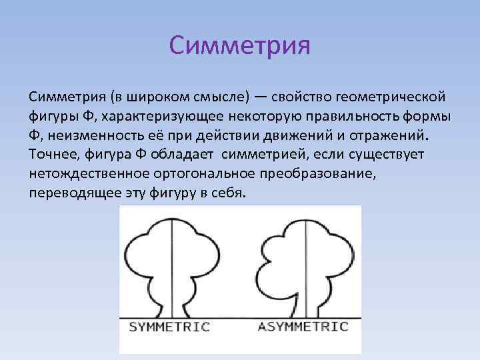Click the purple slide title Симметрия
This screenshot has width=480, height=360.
[240, 47]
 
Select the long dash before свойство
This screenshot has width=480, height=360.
[261, 98]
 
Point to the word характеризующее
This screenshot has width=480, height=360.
[158, 117]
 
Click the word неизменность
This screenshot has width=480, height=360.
[84, 136]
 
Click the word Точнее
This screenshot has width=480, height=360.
[52, 155]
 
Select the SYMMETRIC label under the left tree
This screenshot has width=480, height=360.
[169, 327]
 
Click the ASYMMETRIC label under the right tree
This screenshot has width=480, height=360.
[303, 327]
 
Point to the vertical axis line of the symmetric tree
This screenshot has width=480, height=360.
[172, 267]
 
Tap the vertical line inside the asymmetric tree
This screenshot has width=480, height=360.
[306, 267]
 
